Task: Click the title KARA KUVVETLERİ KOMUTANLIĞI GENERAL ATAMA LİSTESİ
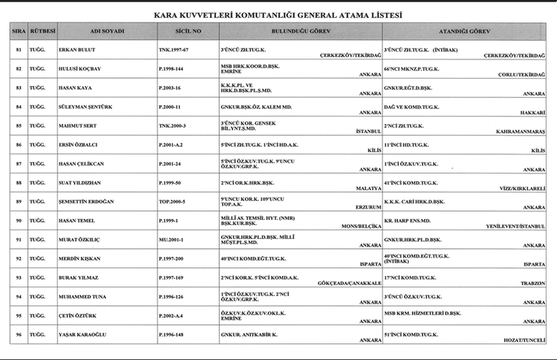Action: pyautogui.click(x=278, y=15)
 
